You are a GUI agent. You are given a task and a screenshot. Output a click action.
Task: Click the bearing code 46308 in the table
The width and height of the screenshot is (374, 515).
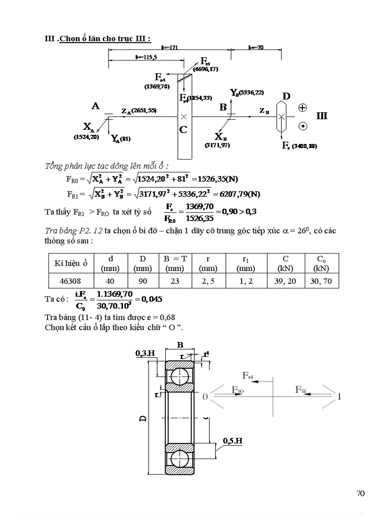(x=71, y=281)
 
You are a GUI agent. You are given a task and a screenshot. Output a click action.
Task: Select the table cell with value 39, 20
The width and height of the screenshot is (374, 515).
(x=285, y=281)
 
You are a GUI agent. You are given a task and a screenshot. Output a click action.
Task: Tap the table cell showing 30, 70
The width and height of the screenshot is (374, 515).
(x=321, y=281)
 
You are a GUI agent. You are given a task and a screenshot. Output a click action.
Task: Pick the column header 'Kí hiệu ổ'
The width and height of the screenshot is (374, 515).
(x=71, y=263)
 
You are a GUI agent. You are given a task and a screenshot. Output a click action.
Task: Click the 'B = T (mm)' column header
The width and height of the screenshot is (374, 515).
(x=175, y=263)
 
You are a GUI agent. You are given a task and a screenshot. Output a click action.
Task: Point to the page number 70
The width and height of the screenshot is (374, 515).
(x=360, y=493)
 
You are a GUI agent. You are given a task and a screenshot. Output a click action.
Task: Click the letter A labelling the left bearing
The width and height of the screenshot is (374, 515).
(x=96, y=106)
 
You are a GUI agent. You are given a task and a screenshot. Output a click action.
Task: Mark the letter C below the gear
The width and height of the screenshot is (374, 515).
(x=183, y=130)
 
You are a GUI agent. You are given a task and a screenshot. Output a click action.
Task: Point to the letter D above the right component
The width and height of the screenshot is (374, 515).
(x=286, y=96)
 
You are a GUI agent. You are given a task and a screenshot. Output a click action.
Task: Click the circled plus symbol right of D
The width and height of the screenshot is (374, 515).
(x=302, y=108)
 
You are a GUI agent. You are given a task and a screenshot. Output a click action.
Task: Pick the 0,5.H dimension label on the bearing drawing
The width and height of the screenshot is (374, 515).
(x=233, y=441)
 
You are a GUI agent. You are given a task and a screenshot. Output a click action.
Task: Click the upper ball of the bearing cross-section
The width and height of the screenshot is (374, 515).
(x=179, y=375)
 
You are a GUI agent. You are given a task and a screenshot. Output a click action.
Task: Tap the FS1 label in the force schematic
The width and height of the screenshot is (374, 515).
(x=301, y=390)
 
